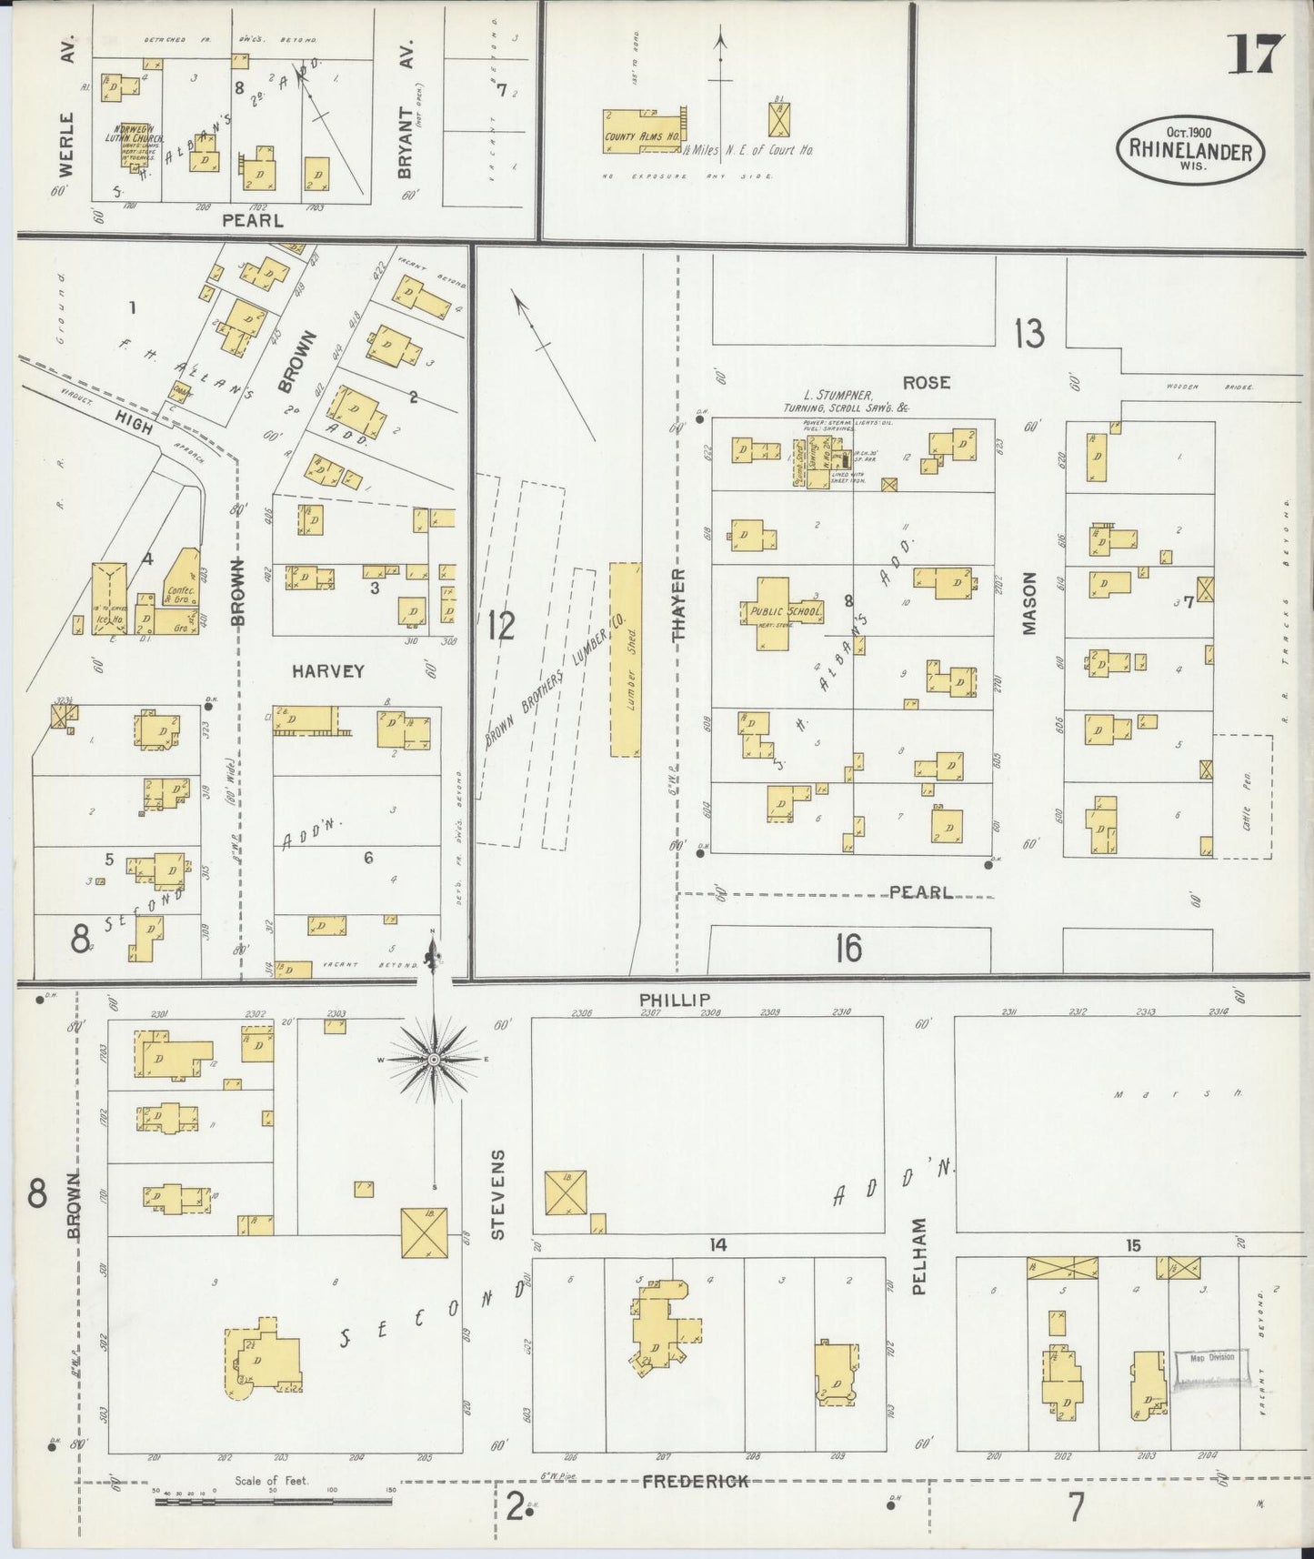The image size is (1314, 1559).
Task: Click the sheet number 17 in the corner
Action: (1256, 55)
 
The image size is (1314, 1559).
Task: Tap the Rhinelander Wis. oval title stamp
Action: (1189, 150)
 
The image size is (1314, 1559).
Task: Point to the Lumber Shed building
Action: (624, 659)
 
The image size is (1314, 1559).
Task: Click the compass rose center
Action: (434, 1060)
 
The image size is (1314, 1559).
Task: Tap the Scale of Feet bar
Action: (272, 1502)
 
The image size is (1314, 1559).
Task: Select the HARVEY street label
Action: (327, 671)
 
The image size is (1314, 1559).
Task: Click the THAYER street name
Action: (677, 605)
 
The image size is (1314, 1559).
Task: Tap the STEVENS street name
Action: (497, 1194)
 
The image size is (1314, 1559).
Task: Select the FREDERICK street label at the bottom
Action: (696, 1481)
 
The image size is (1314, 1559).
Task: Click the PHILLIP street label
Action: (674, 1000)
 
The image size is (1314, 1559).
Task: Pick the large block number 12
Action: (501, 625)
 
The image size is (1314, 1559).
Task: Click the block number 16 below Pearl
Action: (848, 949)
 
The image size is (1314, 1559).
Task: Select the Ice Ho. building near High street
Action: (110, 598)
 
